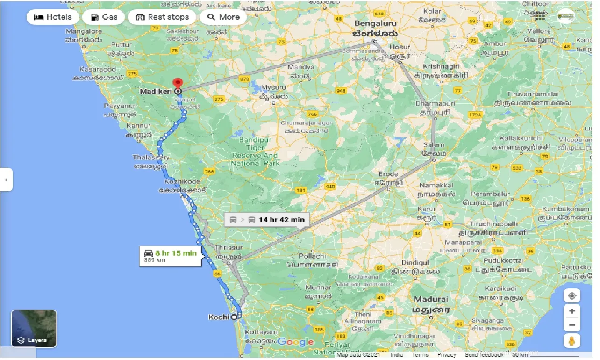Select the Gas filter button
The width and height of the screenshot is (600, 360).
[x=103, y=17]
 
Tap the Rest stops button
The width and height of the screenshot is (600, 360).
[x=162, y=17]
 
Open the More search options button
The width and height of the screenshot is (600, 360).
[x=223, y=17]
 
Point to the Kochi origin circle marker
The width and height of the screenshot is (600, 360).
[x=235, y=317]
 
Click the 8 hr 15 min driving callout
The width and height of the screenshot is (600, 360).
[x=171, y=256]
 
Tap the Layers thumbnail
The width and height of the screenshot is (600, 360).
[x=34, y=328]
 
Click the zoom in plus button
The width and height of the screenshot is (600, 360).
[x=572, y=311]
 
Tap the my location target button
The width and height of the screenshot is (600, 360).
[x=572, y=296]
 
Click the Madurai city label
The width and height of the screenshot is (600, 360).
[x=430, y=299]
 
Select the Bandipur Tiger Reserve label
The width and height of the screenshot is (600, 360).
[x=255, y=151]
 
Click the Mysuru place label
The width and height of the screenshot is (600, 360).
[x=273, y=87]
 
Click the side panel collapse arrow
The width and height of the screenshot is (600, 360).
[x=6, y=180]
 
